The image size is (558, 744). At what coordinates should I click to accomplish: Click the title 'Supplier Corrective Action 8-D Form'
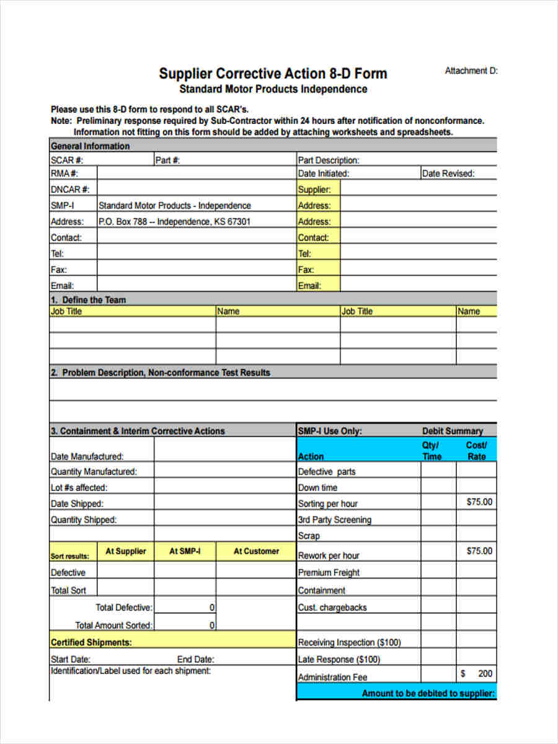point(273,74)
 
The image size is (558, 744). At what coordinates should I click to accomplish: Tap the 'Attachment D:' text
point(471,71)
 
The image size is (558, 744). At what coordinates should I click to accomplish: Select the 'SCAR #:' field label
point(67,160)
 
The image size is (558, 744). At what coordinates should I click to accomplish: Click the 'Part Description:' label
point(329,160)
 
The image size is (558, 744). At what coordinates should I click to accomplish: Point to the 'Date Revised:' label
point(448,174)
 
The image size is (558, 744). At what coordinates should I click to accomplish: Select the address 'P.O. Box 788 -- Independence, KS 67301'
point(174,221)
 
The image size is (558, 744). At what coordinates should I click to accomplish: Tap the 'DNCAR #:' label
point(70,190)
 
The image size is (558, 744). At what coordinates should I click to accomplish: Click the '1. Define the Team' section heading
point(88,300)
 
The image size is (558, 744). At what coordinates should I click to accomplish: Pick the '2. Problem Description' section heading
point(160,373)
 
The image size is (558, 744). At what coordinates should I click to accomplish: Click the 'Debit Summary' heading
point(453,431)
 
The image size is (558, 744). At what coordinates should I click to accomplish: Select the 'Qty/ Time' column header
point(432,451)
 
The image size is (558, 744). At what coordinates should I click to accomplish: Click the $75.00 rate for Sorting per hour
point(479,502)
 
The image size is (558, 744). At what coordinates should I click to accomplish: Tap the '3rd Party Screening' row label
point(335,520)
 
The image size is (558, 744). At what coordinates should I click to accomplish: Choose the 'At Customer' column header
point(256,551)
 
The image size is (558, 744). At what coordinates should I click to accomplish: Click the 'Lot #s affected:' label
point(79,488)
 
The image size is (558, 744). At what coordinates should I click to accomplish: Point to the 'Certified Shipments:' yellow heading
point(91,642)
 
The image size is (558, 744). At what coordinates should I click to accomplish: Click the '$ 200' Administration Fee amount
point(477,674)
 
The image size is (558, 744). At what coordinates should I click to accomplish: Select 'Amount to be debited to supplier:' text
point(428,693)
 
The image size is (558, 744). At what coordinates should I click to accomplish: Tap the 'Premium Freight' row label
point(329,573)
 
